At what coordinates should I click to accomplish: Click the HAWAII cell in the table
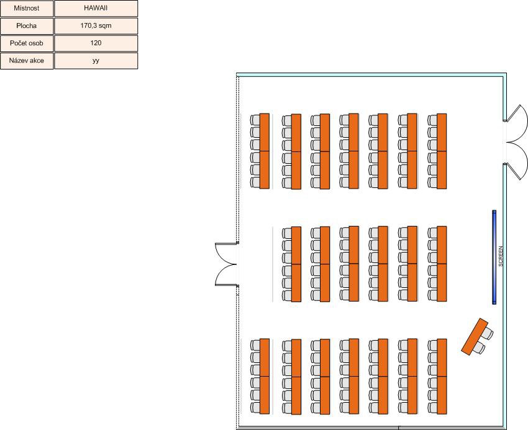tap(96, 9)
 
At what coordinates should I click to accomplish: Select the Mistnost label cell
tap(27, 9)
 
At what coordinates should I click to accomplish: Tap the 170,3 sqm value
tap(96, 25)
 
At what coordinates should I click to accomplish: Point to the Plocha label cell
tap(27, 25)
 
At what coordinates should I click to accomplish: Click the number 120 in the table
tap(96, 43)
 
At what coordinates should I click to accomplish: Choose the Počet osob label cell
tap(27, 43)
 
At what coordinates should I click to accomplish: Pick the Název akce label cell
tap(27, 61)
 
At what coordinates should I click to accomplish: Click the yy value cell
tap(96, 61)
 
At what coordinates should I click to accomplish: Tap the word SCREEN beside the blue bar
tap(501, 256)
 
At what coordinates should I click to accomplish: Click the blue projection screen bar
tap(494, 258)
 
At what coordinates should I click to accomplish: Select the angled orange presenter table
tap(475, 336)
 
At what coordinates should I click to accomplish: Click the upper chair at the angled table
tap(487, 333)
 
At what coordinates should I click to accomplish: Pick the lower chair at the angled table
tap(479, 348)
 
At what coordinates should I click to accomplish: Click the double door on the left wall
tap(226, 264)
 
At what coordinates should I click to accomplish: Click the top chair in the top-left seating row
tap(255, 119)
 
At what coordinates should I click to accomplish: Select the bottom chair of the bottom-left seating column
tap(255, 408)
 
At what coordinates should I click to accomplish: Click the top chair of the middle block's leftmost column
tap(286, 233)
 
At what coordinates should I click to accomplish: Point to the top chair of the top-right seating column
tap(432, 120)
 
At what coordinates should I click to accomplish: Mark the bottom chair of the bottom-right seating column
tap(432, 408)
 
